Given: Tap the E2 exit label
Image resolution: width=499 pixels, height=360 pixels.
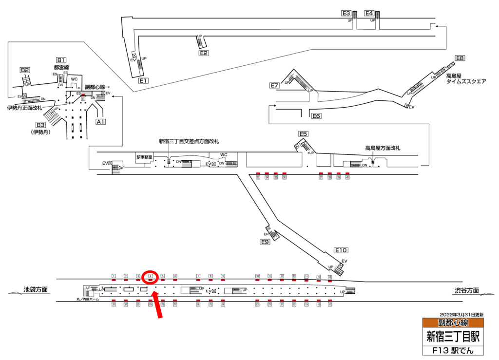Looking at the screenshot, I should (204, 53).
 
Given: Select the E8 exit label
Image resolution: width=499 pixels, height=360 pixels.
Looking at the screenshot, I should (461, 58).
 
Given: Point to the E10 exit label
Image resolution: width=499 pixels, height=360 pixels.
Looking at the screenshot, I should (341, 250).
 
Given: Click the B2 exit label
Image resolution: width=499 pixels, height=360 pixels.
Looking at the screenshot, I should (25, 70).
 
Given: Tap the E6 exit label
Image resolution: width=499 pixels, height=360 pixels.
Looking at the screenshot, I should (316, 116).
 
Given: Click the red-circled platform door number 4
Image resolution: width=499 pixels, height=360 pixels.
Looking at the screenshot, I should (151, 276).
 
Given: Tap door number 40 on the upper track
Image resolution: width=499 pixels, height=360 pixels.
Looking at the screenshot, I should (347, 177).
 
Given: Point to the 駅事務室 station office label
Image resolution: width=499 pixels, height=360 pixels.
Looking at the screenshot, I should (145, 157).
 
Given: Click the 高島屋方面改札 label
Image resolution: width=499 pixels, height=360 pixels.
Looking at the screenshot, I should (382, 148).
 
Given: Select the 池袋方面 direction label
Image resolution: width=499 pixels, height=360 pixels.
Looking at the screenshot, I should (36, 290).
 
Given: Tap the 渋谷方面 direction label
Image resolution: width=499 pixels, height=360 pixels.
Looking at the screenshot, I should (466, 291).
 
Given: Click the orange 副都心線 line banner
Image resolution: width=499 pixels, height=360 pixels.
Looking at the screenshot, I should (453, 323).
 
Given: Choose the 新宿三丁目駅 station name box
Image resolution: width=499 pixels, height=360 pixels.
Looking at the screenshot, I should (453, 336).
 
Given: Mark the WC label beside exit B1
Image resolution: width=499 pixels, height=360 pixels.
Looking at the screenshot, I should (75, 79).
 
